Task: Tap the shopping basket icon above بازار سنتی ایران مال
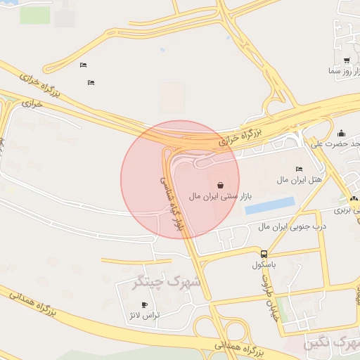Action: pos(221,185)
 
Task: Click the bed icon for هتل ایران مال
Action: pos(300,169)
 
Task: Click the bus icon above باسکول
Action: pos(264,254)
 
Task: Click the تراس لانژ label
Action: pos(147,316)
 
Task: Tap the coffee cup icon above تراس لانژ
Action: pos(145,304)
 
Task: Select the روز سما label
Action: pos(344,71)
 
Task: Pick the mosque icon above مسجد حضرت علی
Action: pos(342,133)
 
